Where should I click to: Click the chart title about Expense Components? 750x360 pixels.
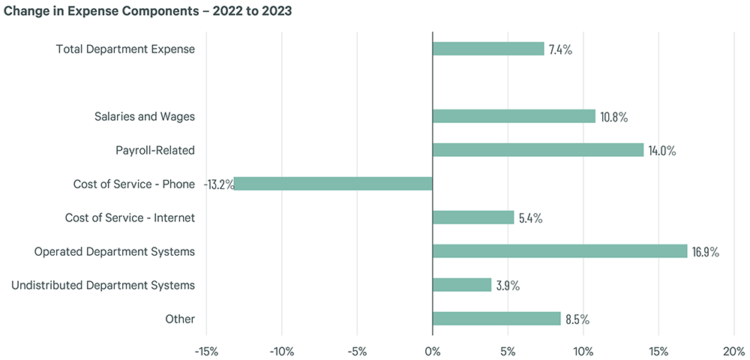coord(148,12)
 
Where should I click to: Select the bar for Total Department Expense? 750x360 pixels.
coord(488,49)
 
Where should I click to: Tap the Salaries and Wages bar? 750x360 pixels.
coord(514,116)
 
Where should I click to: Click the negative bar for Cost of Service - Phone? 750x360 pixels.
coord(334,184)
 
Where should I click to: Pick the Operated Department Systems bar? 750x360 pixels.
coord(559,251)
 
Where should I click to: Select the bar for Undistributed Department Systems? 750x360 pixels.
coord(462,285)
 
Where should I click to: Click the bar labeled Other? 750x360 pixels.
coord(496,319)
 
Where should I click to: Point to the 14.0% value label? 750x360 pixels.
coord(661,151)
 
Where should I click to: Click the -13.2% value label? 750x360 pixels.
coord(219,184)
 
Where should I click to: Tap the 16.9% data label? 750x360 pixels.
coord(705,252)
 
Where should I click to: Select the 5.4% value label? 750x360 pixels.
coord(530,218)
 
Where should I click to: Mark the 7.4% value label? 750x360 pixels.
coord(560,49)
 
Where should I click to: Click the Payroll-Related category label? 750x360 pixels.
coord(155,150)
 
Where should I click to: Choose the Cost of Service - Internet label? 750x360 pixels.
coord(130,217)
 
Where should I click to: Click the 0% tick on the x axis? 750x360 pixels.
coord(433,350)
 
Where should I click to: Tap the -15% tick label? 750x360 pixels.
coord(206,350)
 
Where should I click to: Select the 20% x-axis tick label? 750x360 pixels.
coord(733,350)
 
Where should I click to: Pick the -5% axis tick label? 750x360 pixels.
coord(357,350)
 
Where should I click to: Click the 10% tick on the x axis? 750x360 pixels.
coord(583,350)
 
